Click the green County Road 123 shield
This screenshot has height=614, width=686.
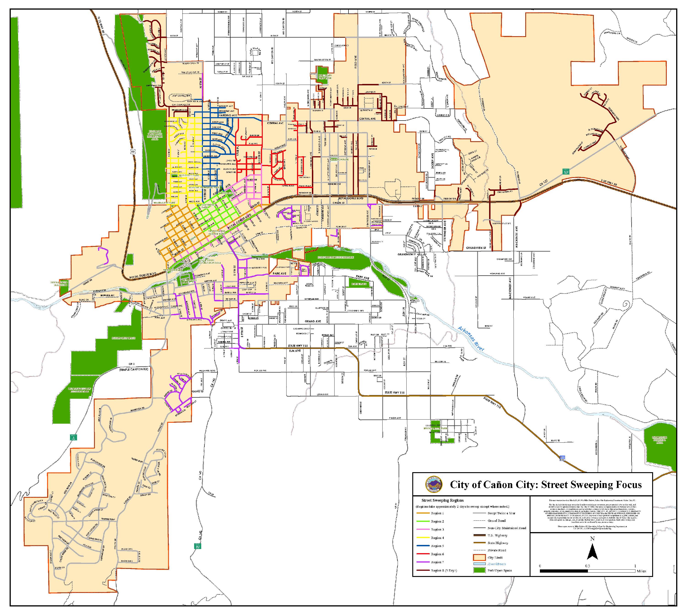click(567, 171)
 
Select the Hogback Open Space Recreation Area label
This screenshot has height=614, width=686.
click(155, 135)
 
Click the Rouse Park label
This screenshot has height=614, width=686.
click(359, 284)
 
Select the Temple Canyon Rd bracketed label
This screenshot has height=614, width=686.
click(133, 369)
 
